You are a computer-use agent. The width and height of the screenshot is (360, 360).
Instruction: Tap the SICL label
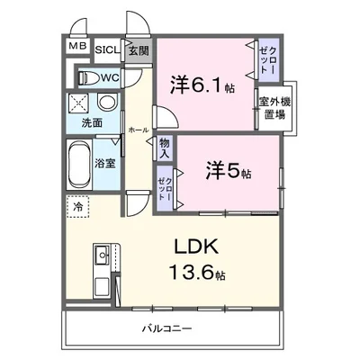(x=106, y=49)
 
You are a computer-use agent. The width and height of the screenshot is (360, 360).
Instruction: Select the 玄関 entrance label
(x=138, y=49)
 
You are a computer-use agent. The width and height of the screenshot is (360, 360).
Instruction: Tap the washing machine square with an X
(x=79, y=103)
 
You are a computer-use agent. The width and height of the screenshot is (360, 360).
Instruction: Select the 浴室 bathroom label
(x=106, y=163)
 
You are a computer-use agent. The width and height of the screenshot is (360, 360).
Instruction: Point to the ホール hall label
(x=138, y=129)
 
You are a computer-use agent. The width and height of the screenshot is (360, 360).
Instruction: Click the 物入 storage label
(x=165, y=148)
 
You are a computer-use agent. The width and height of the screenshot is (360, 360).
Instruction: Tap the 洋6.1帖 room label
(x=203, y=85)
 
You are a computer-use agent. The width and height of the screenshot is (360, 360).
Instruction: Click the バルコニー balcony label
(x=166, y=328)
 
